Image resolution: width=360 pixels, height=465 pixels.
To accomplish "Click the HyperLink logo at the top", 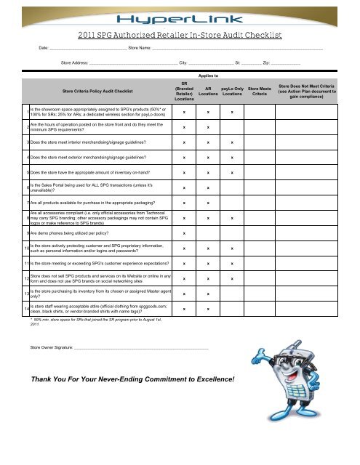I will coord(179,15).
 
